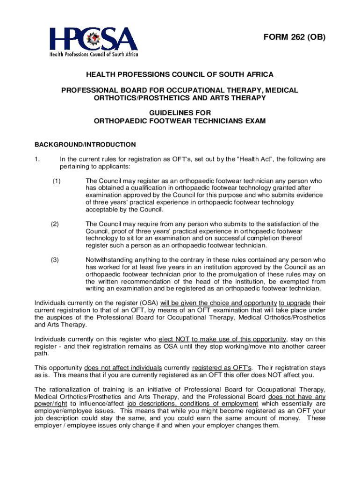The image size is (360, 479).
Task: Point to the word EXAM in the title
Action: click(x=256, y=121)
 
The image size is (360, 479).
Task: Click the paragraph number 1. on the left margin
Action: click(x=37, y=159)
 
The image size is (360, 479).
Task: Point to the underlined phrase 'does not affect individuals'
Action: click(x=123, y=368)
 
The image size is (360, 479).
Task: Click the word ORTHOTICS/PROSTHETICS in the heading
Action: click(x=137, y=98)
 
